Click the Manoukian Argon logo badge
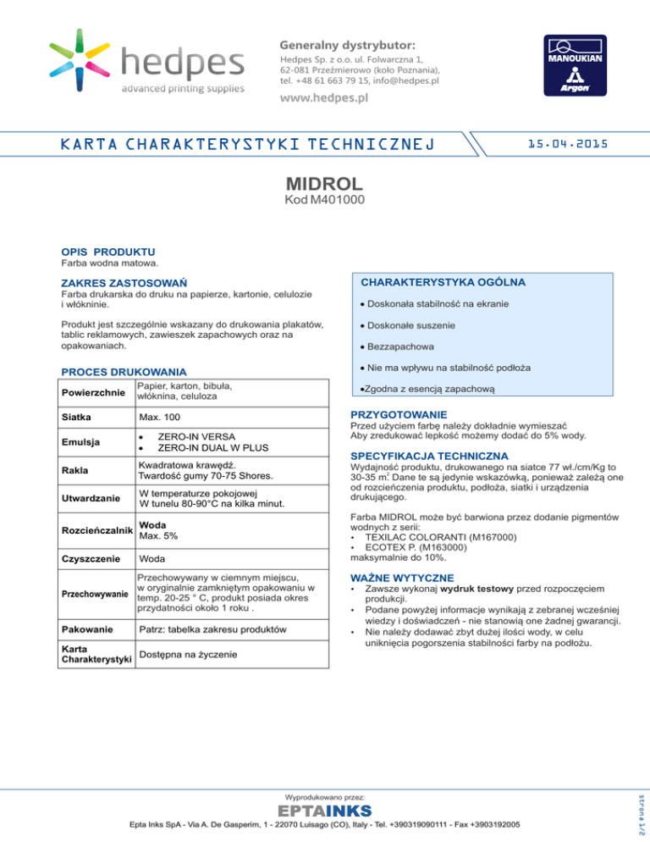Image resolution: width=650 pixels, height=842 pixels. click(575, 66)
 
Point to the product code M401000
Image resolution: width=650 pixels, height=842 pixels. click(325, 202)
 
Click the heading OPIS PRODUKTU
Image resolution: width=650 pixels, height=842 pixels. click(107, 252)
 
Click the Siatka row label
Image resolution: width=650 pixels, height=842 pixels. click(77, 418)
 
